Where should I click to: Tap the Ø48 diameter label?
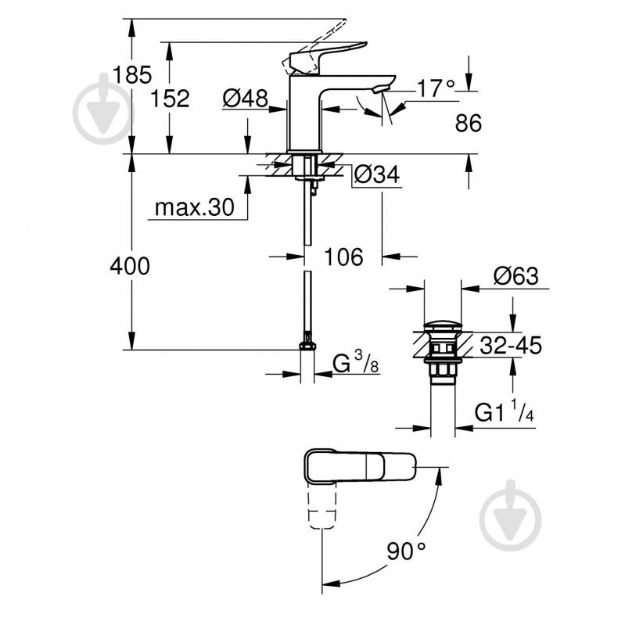pyautogui.click(x=245, y=98)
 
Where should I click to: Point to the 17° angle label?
pyautogui.click(x=434, y=88)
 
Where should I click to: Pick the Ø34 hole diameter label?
pyautogui.click(x=376, y=175)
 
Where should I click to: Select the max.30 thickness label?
pyautogui.click(x=193, y=207)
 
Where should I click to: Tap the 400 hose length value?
pyautogui.click(x=130, y=266)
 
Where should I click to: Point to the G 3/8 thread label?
pyautogui.click(x=356, y=364)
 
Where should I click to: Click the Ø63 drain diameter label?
pyautogui.click(x=515, y=275)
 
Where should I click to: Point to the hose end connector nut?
pyautogui.click(x=308, y=346)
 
